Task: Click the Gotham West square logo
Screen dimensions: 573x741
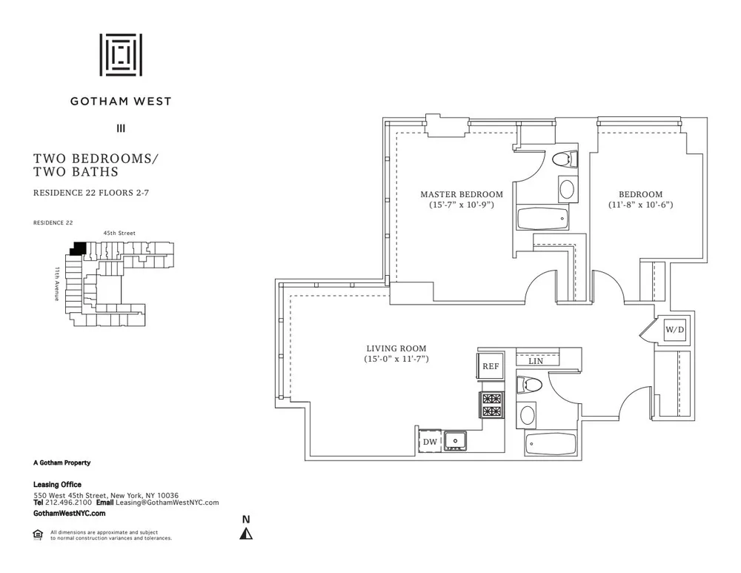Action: point(121,55)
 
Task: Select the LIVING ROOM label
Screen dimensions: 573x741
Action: point(396,348)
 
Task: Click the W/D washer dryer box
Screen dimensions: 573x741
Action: point(674,329)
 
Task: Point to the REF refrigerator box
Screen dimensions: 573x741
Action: point(490,366)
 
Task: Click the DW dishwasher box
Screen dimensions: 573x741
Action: point(430,442)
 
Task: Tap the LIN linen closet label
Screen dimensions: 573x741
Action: point(536,361)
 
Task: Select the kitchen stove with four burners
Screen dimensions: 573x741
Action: point(491,405)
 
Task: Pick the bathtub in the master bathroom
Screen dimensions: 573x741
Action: point(542,219)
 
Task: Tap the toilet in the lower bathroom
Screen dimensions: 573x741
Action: point(529,385)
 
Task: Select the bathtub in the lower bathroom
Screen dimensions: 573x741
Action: point(551,444)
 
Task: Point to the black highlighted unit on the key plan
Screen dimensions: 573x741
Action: point(77,250)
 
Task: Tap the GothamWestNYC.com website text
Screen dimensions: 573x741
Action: point(70,513)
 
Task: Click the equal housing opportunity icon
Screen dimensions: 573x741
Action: point(38,534)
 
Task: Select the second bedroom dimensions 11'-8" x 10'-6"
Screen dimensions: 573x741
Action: point(642,205)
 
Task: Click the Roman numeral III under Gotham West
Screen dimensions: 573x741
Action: point(121,128)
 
